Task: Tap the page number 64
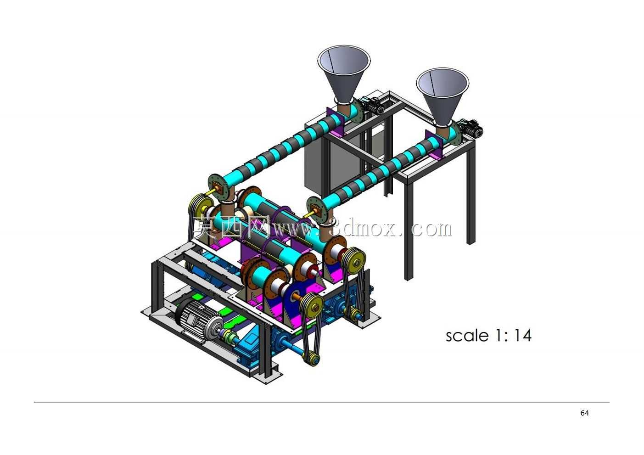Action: [x=584, y=413]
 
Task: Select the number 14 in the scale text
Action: [x=523, y=335]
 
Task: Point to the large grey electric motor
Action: [x=198, y=319]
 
